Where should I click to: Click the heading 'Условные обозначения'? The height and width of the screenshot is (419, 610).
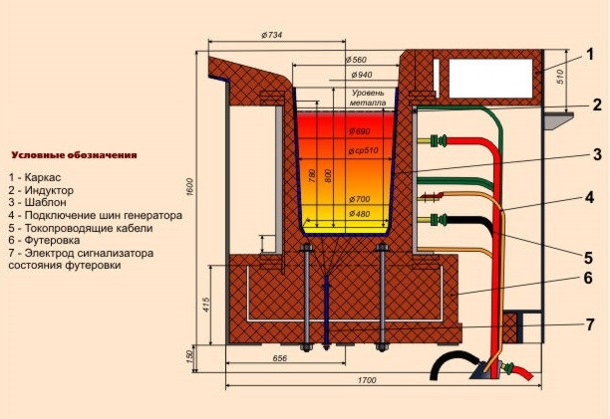click(x=74, y=155)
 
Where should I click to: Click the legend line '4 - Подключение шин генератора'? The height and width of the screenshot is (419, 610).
click(x=96, y=215)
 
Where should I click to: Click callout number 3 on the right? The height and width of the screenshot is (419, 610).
click(x=594, y=154)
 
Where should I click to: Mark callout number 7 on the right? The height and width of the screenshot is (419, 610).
click(x=590, y=324)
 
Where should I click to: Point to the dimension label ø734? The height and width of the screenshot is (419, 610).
click(x=272, y=36)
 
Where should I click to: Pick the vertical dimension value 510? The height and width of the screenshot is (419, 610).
click(x=559, y=73)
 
